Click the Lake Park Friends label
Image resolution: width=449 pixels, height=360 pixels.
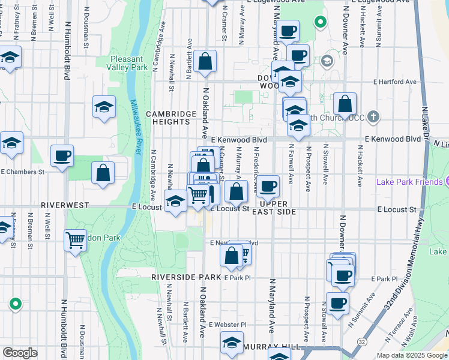[x=410, y=182]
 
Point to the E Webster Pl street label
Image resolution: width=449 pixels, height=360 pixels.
[x=226, y=325]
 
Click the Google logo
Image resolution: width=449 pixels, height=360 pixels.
[x=20, y=353]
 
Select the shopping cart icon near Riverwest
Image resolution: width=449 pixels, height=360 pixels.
[x=75, y=241]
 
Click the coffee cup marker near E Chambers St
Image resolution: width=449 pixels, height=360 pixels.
[x=62, y=157]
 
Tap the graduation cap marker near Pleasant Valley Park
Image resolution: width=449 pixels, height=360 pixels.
[x=104, y=107]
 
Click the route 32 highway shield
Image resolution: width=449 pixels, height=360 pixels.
[x=361, y=341]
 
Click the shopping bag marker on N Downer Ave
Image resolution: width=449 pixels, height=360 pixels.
[x=345, y=104]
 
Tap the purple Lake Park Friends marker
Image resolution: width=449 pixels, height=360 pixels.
[x=447, y=182]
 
